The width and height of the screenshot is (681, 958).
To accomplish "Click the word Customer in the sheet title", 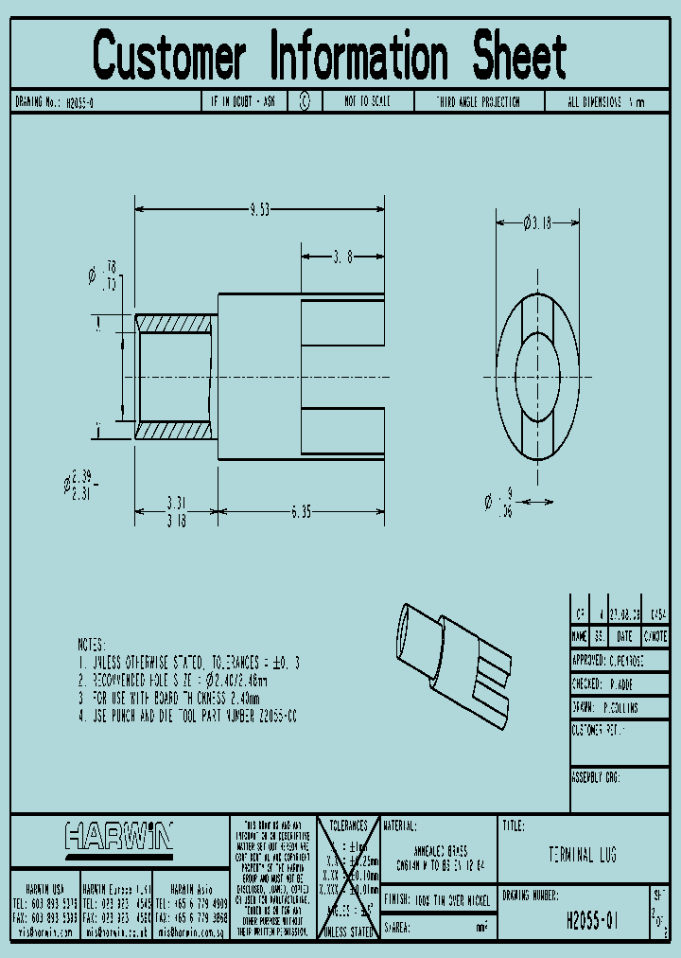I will point(170,56).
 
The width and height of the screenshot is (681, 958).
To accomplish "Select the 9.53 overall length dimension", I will point(258,210).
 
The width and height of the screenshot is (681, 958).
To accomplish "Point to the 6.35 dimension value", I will point(300,512).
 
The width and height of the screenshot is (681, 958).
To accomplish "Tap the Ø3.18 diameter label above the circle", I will point(536,223).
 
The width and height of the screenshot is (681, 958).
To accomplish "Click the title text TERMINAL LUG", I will point(583,856).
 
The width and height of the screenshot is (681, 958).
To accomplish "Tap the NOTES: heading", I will point(98,642).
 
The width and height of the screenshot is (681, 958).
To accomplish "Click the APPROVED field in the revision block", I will point(619,659).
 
